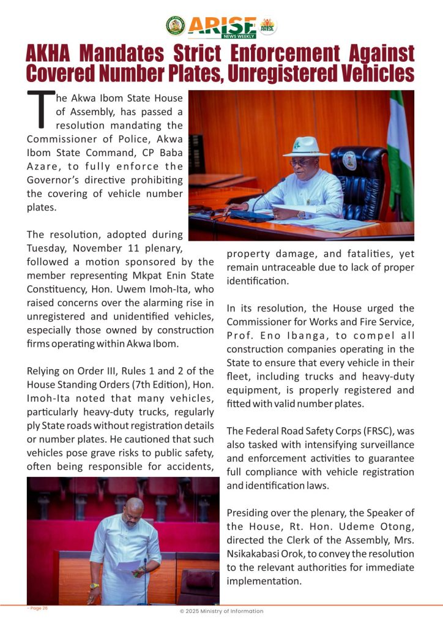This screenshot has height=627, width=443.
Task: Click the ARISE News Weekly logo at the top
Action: click(221, 26)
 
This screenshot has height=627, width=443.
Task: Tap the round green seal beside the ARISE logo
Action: click(175, 26)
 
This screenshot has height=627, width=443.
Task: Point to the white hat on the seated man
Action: click(305, 148)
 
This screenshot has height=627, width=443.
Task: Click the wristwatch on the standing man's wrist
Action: click(94, 585)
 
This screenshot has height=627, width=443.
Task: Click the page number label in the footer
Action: click(38, 608)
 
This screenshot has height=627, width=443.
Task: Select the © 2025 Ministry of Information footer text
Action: click(221, 611)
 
